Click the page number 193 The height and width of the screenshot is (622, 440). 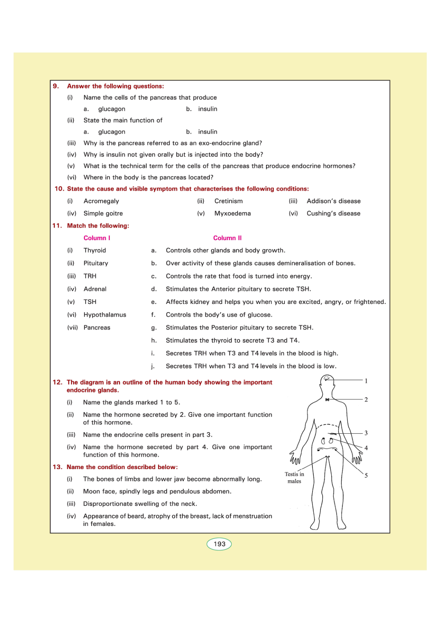tap(219, 544)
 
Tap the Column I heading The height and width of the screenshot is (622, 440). tap(97, 238)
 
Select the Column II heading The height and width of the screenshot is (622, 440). tap(227, 238)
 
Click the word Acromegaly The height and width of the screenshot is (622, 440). tap(101, 201)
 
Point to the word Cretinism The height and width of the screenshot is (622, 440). tap(228, 201)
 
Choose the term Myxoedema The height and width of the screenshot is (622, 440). tap(232, 213)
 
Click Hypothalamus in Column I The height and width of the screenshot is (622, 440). tap(105, 315)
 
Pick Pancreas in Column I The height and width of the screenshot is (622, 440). tap(97, 328)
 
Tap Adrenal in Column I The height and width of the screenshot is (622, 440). tap(95, 289)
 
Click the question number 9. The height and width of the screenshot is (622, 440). tap(56, 86)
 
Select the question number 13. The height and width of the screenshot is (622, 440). tap(57, 467)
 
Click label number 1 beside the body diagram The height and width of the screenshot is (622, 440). tap(366, 381)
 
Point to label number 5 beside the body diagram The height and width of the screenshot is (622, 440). tap(366, 475)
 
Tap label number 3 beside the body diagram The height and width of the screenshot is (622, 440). tap(366, 433)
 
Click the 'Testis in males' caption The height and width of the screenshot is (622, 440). tap(294, 478)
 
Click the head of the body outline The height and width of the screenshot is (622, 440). tap(327, 380)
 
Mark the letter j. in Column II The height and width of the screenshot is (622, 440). tap(153, 366)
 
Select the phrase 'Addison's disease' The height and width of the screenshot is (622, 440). tap(334, 201)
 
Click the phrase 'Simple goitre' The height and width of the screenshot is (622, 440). tap(103, 213)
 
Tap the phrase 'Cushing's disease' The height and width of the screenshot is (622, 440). tap(333, 213)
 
